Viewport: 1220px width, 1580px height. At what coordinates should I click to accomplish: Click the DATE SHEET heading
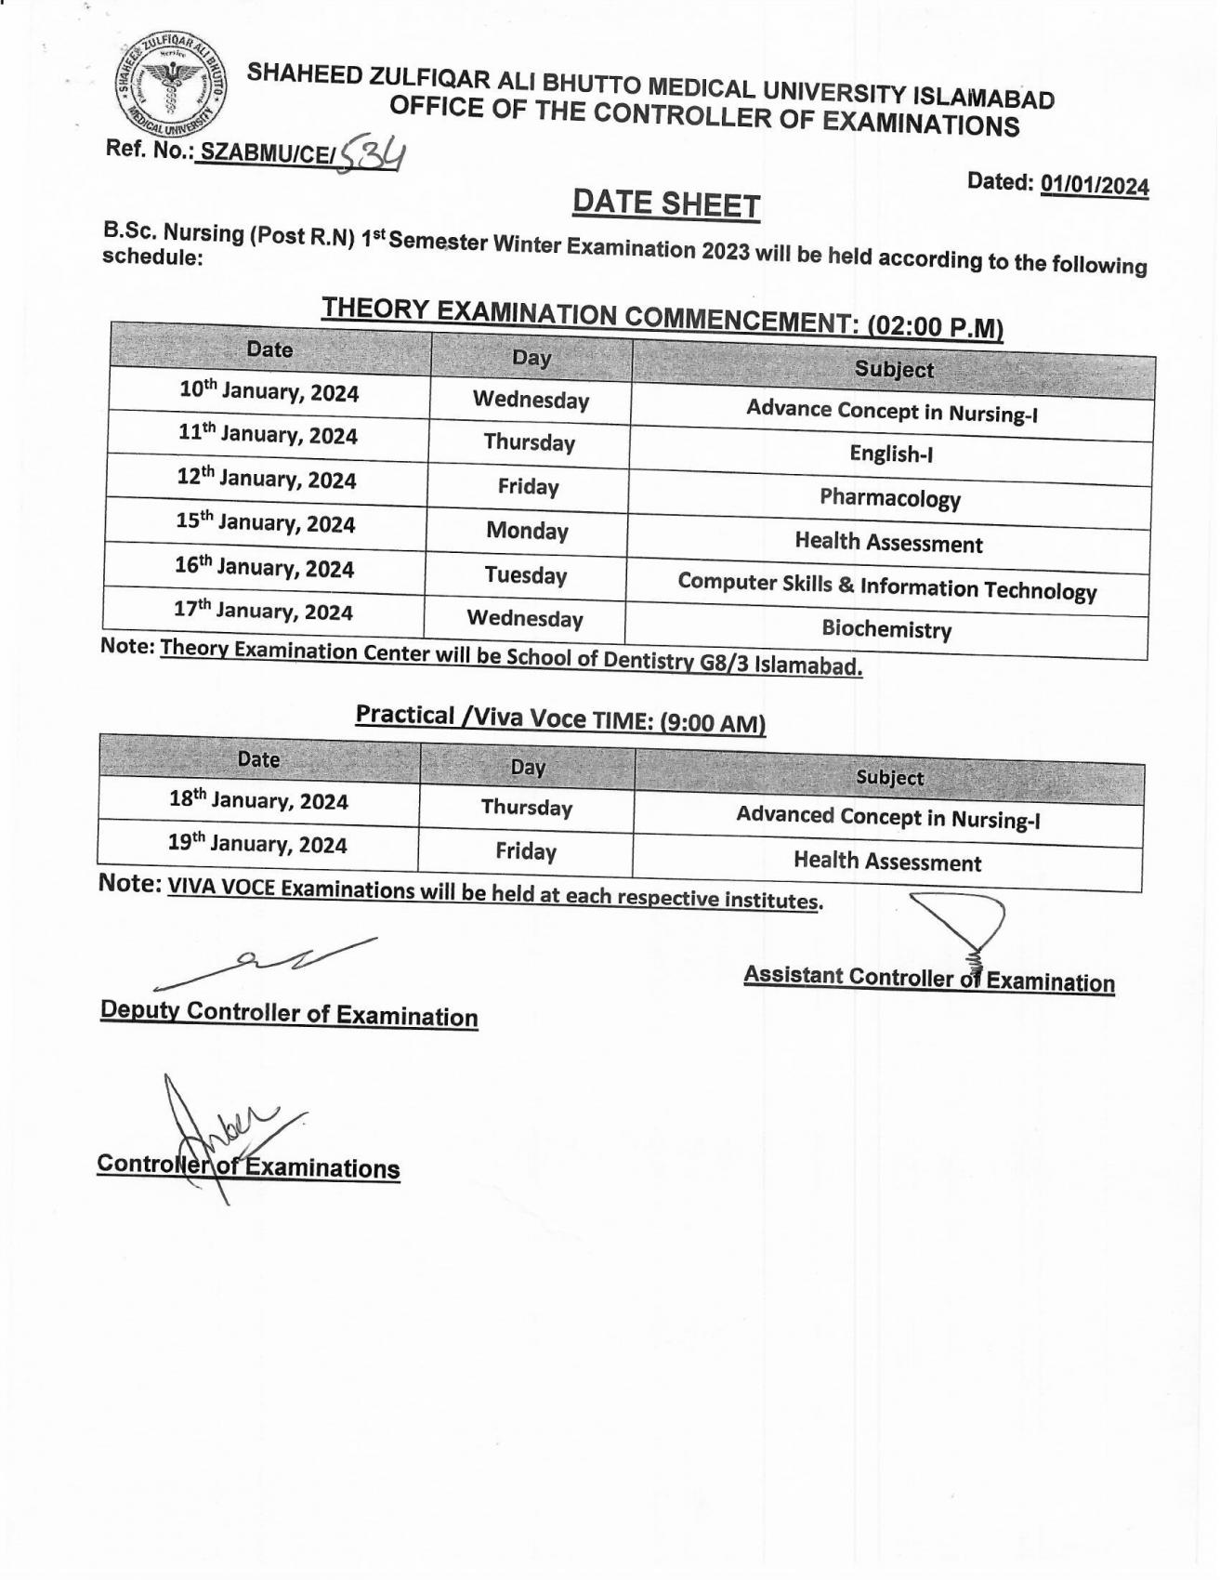[x=666, y=204]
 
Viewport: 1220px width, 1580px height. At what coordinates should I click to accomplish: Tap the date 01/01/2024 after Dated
[x=1095, y=185]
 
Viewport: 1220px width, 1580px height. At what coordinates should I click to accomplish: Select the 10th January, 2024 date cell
[x=269, y=391]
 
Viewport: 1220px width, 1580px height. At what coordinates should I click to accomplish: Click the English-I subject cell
[x=891, y=454]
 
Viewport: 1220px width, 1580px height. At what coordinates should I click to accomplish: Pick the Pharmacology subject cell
[x=889, y=498]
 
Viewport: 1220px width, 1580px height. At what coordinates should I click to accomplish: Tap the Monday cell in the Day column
[x=527, y=531]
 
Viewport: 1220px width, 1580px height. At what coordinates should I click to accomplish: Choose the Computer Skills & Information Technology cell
[x=886, y=587]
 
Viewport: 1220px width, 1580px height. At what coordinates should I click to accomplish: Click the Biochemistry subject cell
[x=886, y=629]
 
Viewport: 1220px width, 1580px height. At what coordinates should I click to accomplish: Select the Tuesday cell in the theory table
[x=526, y=575]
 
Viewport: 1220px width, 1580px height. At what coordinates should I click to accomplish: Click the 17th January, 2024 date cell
[x=263, y=612]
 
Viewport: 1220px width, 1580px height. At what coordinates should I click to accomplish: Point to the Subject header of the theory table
[x=894, y=369]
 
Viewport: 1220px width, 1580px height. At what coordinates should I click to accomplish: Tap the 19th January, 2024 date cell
[x=257, y=844]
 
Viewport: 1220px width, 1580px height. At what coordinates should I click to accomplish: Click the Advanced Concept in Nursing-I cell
[x=887, y=817]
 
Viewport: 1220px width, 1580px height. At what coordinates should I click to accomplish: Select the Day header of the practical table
[x=528, y=768]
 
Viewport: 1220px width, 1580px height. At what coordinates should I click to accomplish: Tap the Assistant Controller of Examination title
[x=928, y=979]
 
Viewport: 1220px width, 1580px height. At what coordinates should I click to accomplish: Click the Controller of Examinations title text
[x=248, y=1166]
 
